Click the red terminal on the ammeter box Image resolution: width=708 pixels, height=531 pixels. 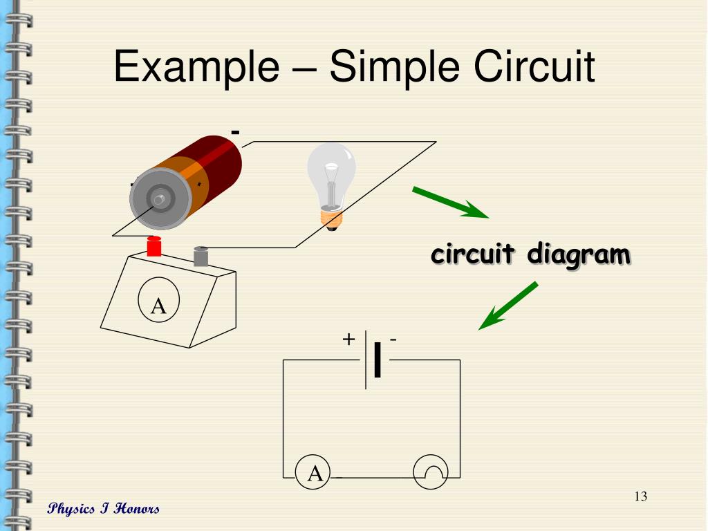click(154, 246)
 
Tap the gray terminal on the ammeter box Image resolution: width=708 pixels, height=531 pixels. click(201, 256)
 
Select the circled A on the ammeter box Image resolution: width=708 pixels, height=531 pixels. click(158, 305)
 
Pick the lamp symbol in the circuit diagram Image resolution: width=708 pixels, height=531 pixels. click(430, 473)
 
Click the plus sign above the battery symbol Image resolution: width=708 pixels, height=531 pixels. click(349, 339)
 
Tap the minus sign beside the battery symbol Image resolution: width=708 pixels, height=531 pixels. click(393, 339)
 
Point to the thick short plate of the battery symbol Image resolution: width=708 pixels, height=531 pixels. click(377, 360)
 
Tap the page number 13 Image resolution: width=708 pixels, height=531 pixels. click(640, 496)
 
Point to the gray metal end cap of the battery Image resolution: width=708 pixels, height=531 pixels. click(160, 199)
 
